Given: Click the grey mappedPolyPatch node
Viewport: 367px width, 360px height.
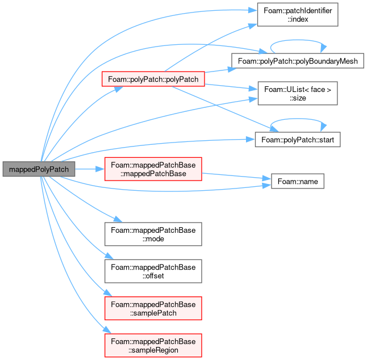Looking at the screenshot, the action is (39, 169).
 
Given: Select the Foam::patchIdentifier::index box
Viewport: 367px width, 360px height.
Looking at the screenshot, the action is (298, 15).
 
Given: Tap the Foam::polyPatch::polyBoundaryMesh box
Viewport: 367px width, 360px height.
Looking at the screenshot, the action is (298, 61).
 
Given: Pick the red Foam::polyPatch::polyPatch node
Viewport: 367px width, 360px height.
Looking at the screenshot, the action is (153, 79).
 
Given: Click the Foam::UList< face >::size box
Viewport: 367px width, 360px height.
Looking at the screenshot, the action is (298, 93).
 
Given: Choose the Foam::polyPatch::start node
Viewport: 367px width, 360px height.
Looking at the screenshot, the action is (298, 140).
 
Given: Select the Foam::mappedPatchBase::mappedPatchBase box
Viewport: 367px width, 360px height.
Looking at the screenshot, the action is (153, 169).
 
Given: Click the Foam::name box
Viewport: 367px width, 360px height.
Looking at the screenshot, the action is (298, 181).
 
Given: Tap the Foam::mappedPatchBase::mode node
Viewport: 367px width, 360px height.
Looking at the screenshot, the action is (153, 234).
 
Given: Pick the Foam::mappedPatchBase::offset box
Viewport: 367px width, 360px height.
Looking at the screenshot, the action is (153, 271).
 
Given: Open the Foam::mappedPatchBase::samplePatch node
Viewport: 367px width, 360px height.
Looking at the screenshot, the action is (153, 308).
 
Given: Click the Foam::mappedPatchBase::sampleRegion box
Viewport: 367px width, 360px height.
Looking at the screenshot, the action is (153, 345).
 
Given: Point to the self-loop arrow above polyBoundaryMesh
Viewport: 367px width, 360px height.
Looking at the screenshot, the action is (298, 40).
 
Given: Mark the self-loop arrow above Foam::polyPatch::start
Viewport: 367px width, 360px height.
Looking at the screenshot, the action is (298, 119).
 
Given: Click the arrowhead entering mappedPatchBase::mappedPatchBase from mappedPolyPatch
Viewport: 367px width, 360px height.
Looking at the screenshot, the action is (100, 169).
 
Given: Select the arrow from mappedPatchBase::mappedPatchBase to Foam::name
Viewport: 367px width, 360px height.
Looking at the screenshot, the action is (236, 176).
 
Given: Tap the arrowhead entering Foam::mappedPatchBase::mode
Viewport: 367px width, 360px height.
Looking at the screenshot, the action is (118, 219).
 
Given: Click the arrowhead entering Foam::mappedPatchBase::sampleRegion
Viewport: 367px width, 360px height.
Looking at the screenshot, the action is (107, 330).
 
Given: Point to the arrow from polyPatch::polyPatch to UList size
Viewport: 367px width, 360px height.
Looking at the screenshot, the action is (231, 87).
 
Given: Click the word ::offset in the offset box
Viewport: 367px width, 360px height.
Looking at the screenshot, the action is (153, 276).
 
